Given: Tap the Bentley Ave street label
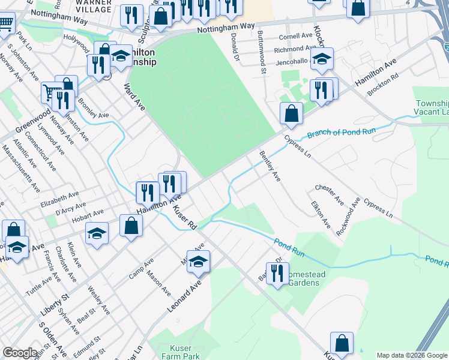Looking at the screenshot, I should click(270, 167).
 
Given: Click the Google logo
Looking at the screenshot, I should click(20, 353).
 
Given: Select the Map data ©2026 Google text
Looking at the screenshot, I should click(412, 355).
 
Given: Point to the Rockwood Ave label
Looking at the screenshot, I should click(348, 216).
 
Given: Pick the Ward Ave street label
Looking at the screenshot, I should click(134, 97).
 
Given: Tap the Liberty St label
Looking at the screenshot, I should click(55, 304).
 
